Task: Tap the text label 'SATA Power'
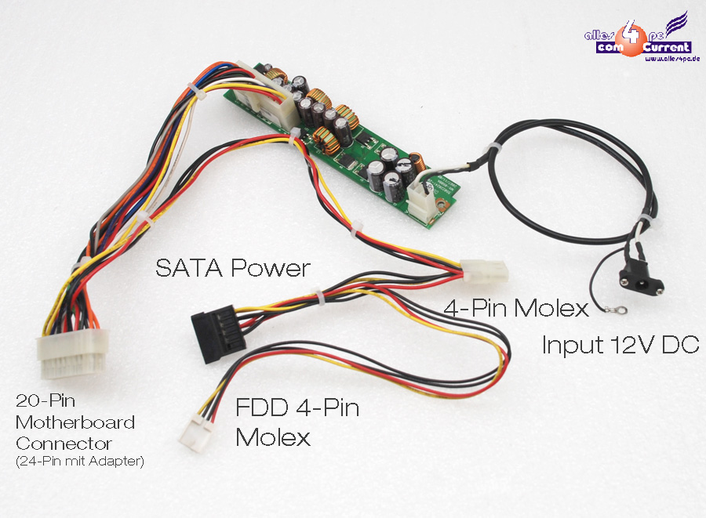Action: tap(233, 269)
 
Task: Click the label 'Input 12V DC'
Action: tap(620, 344)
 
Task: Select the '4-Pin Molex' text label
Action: tap(516, 308)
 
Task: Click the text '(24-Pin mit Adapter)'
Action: tap(79, 462)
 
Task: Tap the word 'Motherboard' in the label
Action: tap(75, 422)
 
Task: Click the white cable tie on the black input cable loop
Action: tap(494, 149)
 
